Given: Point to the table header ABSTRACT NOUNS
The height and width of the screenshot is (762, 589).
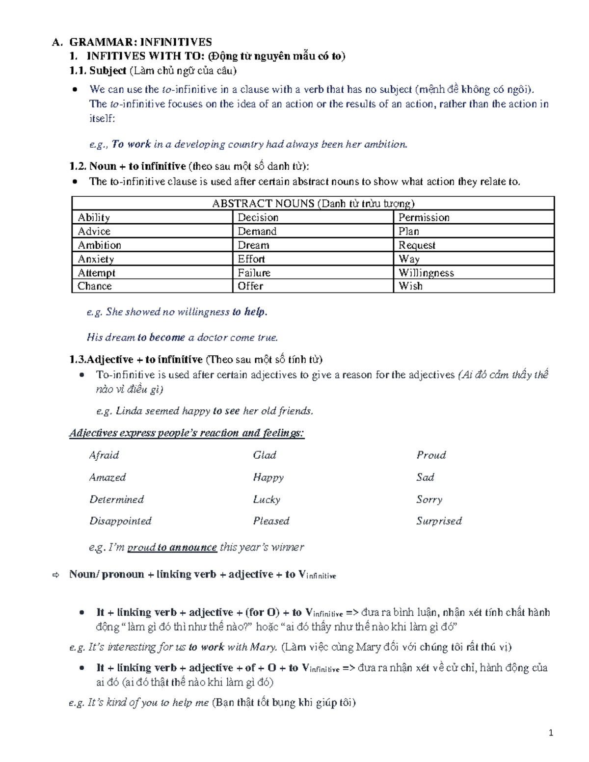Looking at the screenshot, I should click(x=313, y=204).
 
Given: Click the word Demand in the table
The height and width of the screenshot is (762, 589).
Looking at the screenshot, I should click(x=257, y=231).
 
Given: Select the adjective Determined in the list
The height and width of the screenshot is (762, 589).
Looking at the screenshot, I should click(x=116, y=499).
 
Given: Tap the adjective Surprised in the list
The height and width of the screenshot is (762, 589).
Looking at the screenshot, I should click(x=439, y=521).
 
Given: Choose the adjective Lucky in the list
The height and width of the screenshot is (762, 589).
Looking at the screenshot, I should click(x=267, y=499).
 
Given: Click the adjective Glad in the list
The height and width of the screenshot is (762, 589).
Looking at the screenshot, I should click(x=265, y=455).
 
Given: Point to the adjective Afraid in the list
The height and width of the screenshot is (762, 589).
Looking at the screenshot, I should click(x=104, y=455).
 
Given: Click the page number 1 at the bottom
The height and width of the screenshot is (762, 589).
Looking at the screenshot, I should click(x=551, y=733).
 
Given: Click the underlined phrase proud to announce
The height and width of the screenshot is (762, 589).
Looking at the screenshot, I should click(x=172, y=547).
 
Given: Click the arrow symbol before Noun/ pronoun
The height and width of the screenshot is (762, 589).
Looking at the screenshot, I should click(x=55, y=575).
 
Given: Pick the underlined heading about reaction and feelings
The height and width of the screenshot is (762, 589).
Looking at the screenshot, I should click(x=187, y=433).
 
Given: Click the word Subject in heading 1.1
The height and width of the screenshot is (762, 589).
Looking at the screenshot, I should click(x=108, y=71).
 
